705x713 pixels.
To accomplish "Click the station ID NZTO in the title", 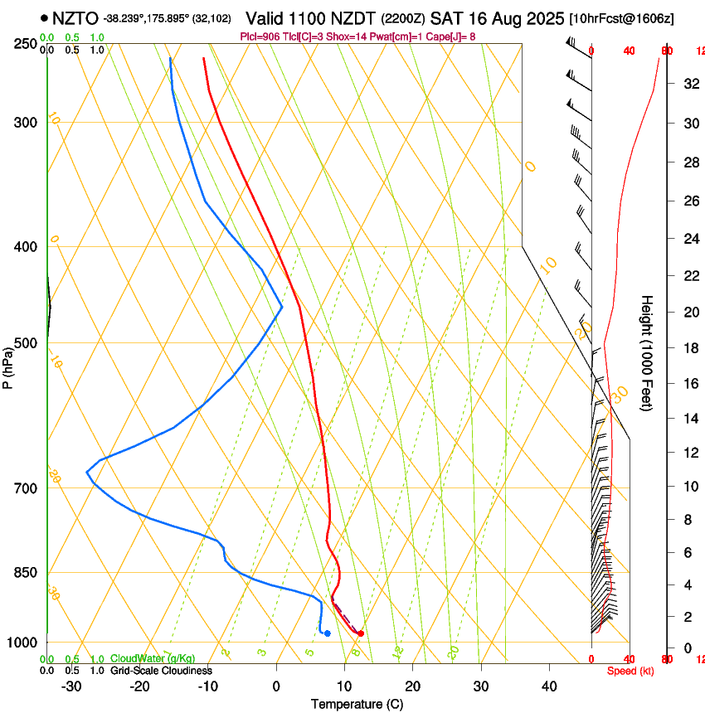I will [75, 18].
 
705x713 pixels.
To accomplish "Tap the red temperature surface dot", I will [360, 633].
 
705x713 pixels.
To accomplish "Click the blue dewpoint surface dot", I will [328, 633].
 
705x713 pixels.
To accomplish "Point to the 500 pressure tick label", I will [25, 343].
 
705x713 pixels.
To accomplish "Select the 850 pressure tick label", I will [25, 573].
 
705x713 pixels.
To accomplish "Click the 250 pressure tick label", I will [25, 43].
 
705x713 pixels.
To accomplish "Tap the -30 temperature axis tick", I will [71, 686].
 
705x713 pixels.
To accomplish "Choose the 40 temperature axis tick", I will [549, 686].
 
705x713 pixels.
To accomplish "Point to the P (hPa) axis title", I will [8, 365].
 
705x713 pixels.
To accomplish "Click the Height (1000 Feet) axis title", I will [647, 353].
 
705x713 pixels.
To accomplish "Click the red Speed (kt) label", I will [630, 671].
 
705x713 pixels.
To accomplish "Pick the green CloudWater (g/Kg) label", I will [153, 659].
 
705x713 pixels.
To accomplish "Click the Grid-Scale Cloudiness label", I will [161, 671].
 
